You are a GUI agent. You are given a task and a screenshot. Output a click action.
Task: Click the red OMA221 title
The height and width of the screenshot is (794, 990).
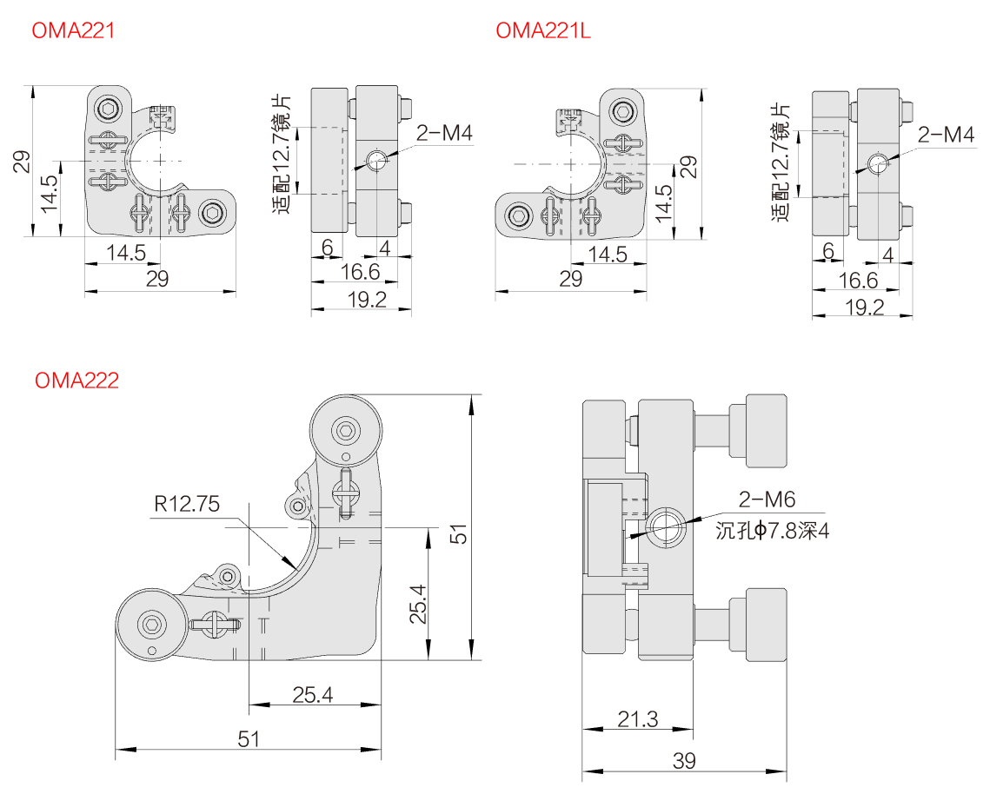(73, 31)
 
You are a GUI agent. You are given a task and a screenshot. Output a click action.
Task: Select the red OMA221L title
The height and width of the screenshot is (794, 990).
(543, 31)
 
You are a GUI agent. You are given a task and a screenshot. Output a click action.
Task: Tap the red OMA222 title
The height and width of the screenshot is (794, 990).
(76, 380)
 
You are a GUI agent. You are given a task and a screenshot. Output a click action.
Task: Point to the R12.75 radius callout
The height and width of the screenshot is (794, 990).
(187, 503)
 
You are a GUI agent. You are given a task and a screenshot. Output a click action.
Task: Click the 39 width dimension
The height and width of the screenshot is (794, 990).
(684, 761)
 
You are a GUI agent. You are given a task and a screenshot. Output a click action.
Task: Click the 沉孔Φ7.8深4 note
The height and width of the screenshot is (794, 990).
(772, 531)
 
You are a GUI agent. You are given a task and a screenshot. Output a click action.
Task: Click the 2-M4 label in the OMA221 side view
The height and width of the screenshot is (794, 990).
(443, 133)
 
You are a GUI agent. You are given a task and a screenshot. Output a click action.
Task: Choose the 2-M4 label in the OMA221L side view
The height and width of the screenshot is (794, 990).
(946, 135)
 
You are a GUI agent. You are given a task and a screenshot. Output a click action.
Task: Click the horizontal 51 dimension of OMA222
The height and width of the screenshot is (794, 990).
(249, 738)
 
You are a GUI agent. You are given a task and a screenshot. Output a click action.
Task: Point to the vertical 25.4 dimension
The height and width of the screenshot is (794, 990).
(418, 604)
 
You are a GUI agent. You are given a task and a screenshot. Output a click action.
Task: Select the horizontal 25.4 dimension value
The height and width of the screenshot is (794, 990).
(313, 695)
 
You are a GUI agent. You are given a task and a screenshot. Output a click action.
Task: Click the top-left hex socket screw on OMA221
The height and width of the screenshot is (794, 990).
(109, 109)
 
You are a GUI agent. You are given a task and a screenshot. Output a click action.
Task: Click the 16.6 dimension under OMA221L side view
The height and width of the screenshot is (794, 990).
(859, 280)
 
